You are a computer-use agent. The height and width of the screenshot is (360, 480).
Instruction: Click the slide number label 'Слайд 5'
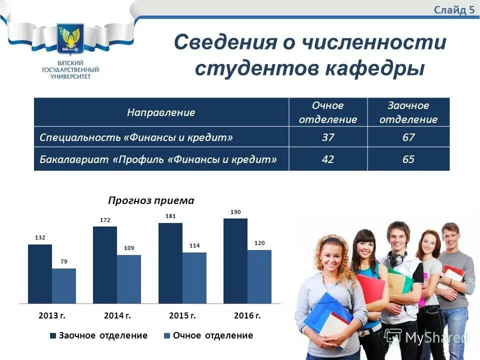click(454, 10)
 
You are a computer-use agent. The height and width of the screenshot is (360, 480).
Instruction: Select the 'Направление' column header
click(161, 112)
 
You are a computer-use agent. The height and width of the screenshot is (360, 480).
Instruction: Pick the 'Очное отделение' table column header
click(328, 112)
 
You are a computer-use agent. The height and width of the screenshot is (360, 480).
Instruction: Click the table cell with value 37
click(328, 137)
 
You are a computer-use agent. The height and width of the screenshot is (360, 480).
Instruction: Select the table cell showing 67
click(408, 137)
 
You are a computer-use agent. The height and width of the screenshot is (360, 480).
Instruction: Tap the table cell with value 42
click(328, 159)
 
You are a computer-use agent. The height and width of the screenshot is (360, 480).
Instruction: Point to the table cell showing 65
click(408, 159)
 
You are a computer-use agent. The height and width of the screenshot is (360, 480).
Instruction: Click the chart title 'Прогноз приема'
click(151, 200)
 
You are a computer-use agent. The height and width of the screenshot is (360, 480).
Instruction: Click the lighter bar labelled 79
click(64, 286)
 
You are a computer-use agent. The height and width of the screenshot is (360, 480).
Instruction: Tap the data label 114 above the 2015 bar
click(194, 245)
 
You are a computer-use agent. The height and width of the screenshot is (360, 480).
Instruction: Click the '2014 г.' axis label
click(117, 316)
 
